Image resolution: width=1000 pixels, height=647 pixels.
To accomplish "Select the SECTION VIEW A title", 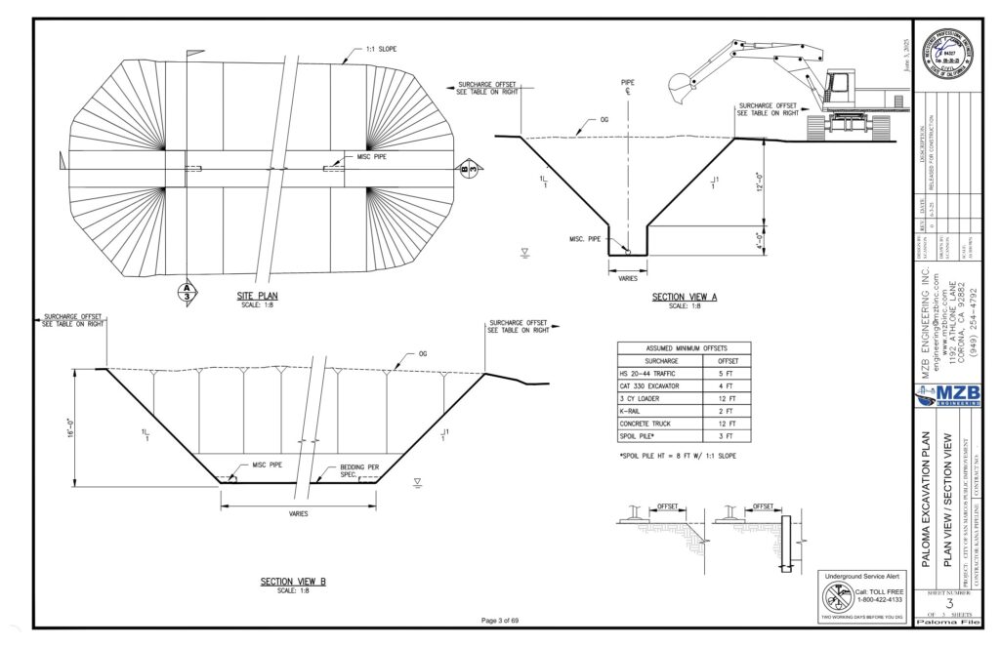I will pyautogui.click(x=685, y=297).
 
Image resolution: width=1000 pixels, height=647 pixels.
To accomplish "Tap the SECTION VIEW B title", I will pyautogui.click(x=293, y=582).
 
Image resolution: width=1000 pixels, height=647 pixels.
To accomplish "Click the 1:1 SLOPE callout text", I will pyautogui.click(x=380, y=49).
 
